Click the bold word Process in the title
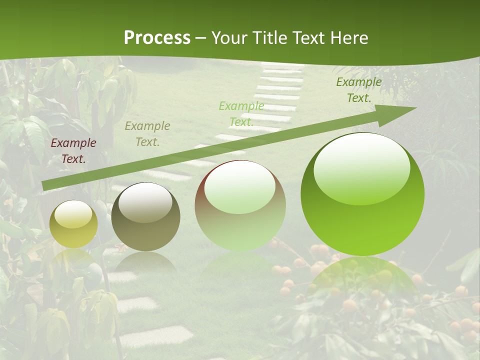(x=157, y=38)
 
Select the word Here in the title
(x=349, y=38)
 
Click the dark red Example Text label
(x=73, y=151)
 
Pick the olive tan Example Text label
(x=147, y=134)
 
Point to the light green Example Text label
(x=241, y=113)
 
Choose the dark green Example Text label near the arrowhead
(x=359, y=90)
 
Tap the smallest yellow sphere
(x=73, y=224)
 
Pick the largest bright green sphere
(x=362, y=195)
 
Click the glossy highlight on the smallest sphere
(x=73, y=214)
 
